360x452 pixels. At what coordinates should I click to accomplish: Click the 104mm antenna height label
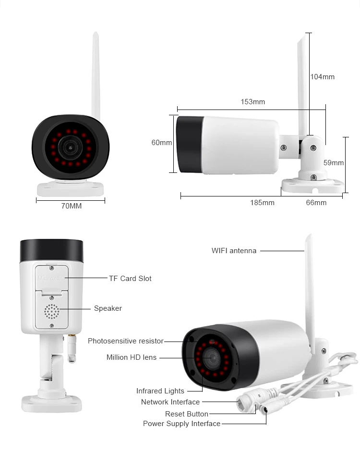click(322, 77)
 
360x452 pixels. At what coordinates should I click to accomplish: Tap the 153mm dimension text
click(252, 102)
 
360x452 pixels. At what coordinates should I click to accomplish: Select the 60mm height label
click(162, 143)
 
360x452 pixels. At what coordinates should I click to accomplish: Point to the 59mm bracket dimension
click(334, 163)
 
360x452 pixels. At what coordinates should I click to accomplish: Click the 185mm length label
click(262, 203)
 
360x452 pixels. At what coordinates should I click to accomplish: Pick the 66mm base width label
click(316, 203)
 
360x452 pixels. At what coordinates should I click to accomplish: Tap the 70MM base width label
click(72, 206)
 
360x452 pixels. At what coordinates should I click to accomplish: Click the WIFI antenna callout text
click(234, 251)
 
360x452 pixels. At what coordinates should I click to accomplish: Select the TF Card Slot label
click(130, 279)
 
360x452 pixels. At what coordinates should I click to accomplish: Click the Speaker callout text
click(108, 308)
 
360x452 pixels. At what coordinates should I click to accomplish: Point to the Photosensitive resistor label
click(126, 341)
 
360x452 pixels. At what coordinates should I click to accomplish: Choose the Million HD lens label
click(132, 357)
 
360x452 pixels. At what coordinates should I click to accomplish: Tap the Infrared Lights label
click(160, 391)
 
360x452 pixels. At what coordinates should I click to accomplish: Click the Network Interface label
click(170, 402)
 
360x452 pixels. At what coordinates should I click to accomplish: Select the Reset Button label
click(187, 414)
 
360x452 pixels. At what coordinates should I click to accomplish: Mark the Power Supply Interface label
click(182, 424)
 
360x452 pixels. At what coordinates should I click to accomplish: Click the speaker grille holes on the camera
click(51, 311)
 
